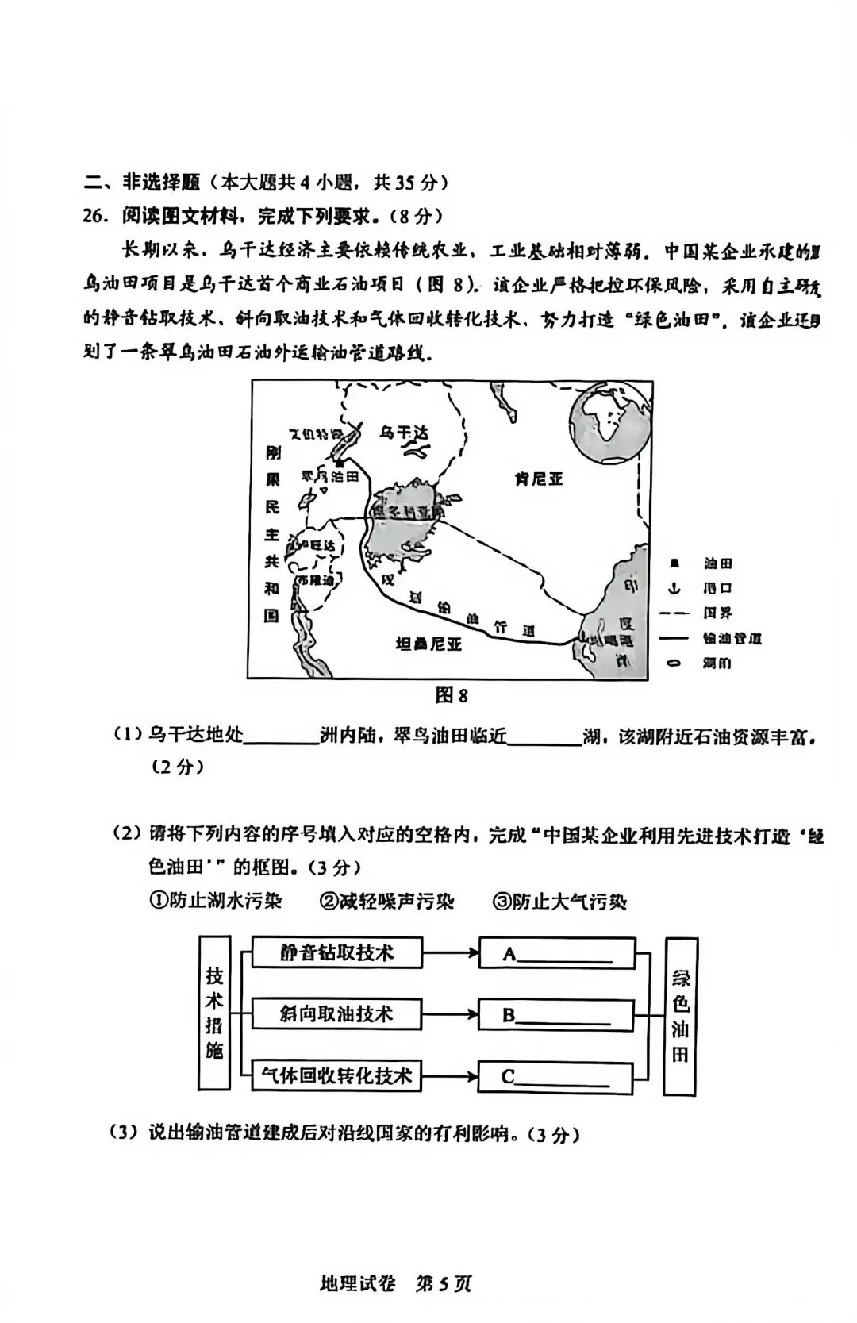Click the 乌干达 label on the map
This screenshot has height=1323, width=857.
coord(404,433)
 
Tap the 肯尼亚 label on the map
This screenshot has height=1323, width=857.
coord(538,479)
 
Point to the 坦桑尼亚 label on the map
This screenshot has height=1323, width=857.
coord(428,644)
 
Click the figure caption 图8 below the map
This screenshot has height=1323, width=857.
coord(452,695)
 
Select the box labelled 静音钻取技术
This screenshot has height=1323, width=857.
coord(336,952)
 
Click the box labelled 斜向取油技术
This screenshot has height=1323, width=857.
coord(336,1014)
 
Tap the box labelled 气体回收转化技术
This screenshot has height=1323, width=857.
coord(336,1076)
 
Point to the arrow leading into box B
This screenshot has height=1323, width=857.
coord(450,1014)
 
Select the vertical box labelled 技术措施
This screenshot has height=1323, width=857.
coord(214,1013)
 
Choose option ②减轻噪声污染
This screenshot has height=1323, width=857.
coord(386,902)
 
